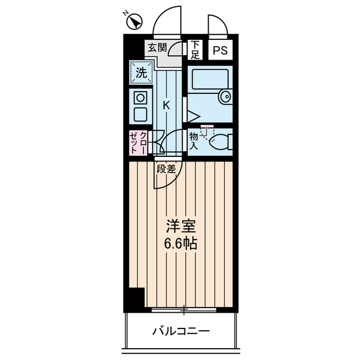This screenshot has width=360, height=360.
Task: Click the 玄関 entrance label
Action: point(157,48)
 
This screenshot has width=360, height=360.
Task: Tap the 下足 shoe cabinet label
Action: point(195,50)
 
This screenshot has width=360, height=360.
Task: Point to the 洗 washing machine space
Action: point(141,72)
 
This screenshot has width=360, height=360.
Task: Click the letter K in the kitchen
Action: point(166,105)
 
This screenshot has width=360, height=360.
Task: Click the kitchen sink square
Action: point(139,115)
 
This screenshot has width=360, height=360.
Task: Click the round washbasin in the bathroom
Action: point(226,96)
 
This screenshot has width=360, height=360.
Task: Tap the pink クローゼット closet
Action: point(139,143)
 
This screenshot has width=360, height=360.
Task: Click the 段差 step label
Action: point(166,168)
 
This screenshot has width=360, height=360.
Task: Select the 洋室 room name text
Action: point(180,227)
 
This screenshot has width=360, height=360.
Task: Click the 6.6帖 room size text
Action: point(180,245)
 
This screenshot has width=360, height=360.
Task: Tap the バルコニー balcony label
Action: point(181,331)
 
